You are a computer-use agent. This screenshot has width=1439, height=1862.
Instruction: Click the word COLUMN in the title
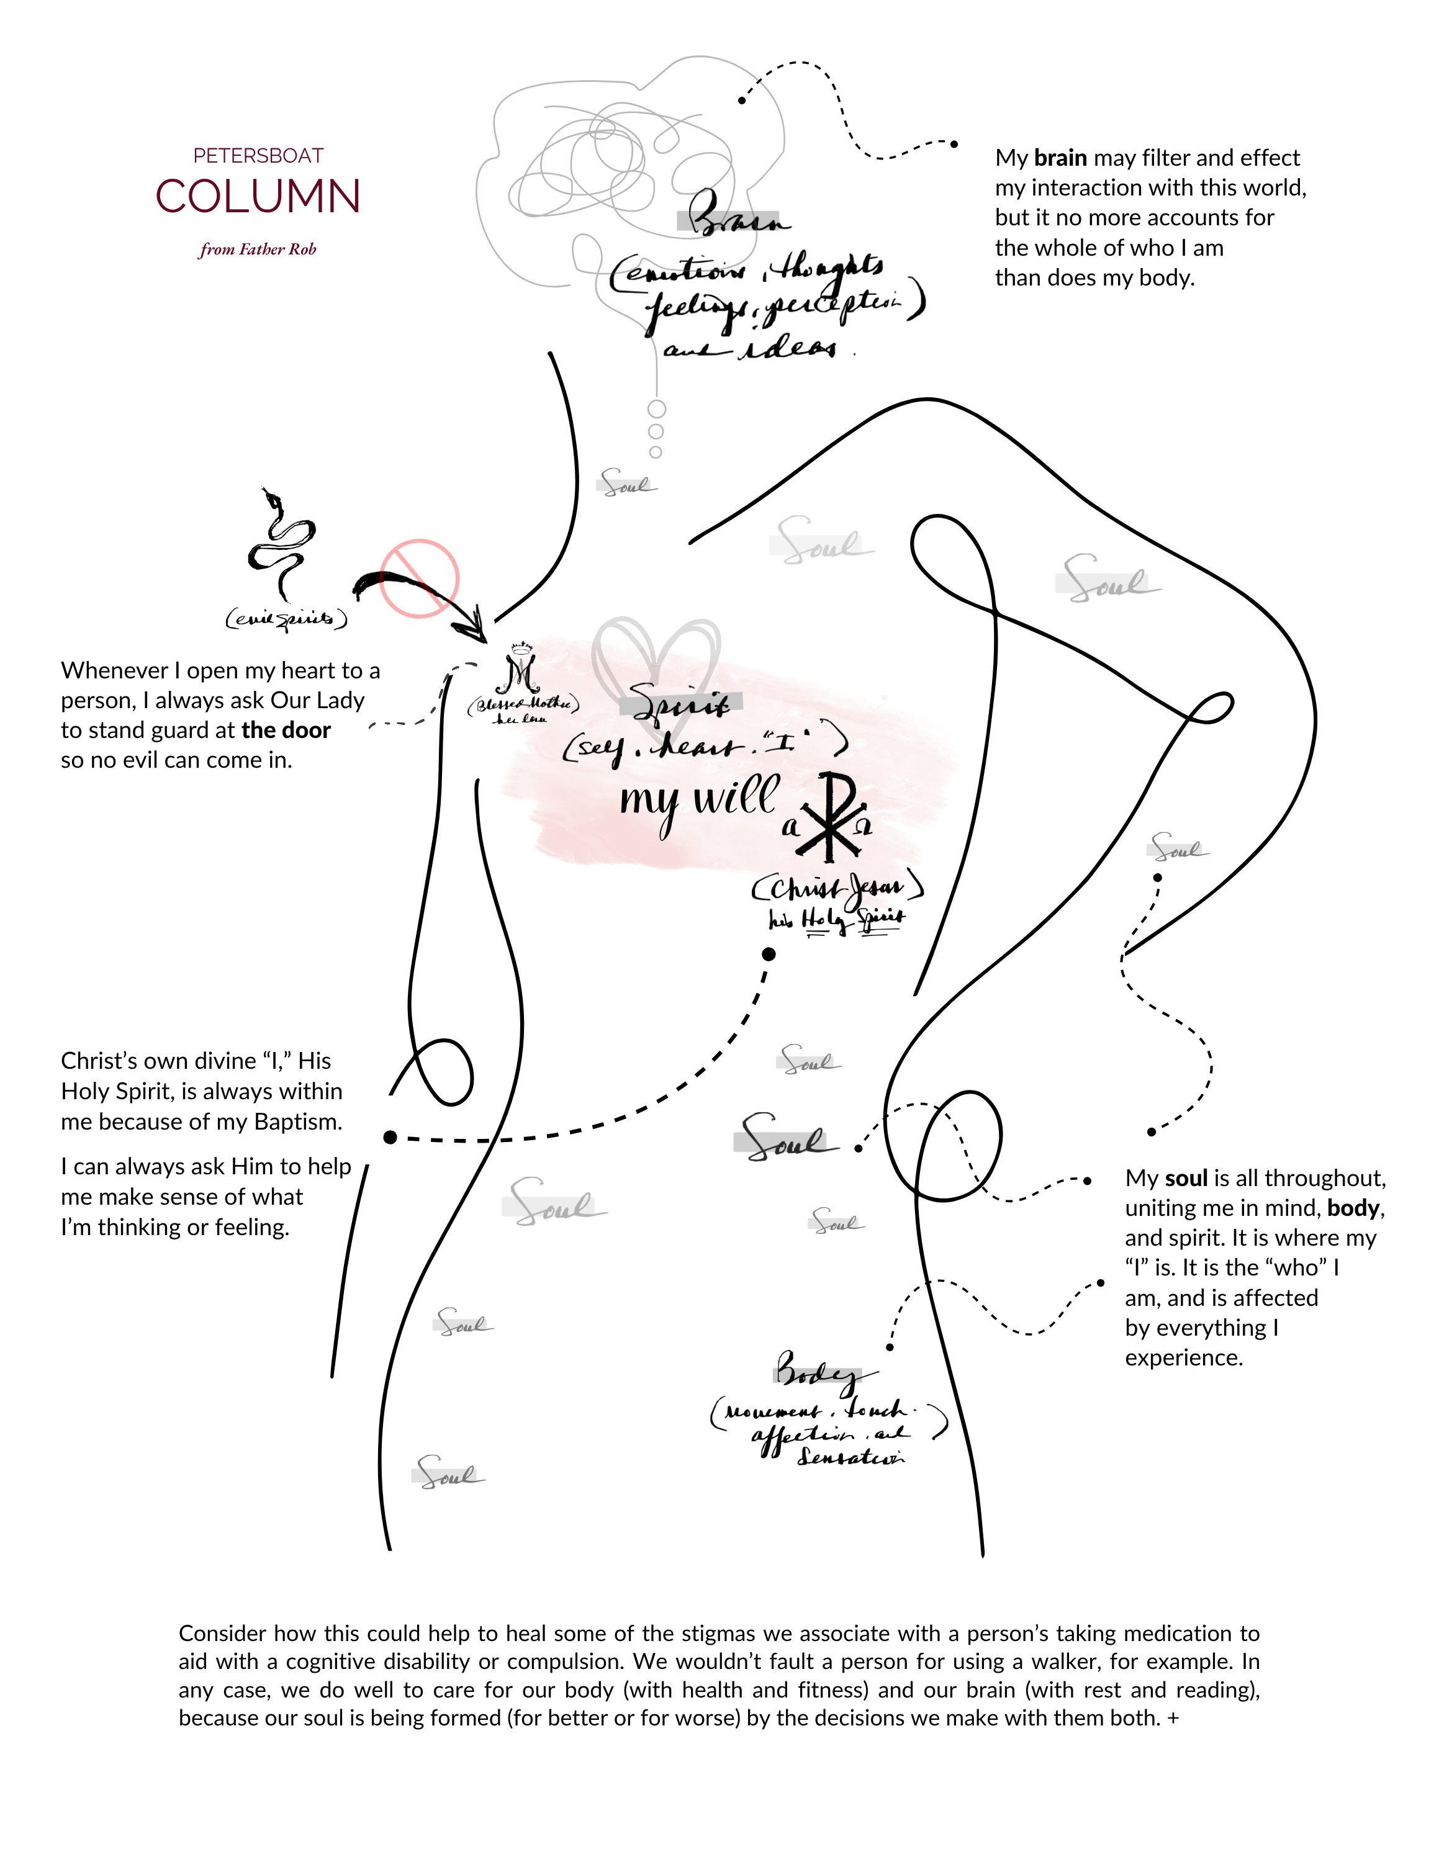258,197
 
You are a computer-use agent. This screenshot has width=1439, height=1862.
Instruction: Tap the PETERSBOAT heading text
258,156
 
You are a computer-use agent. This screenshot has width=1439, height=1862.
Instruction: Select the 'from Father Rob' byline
258,250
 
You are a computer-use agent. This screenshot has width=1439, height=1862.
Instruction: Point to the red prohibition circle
420,578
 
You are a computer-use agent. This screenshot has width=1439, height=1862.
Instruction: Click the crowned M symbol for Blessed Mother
519,669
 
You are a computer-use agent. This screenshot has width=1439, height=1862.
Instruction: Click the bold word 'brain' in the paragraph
1060,158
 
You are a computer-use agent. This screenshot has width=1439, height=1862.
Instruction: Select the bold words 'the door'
286,731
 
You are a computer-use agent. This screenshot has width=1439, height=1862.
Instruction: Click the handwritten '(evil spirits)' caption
286,618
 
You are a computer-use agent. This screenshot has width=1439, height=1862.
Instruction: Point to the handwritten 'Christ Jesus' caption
837,888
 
